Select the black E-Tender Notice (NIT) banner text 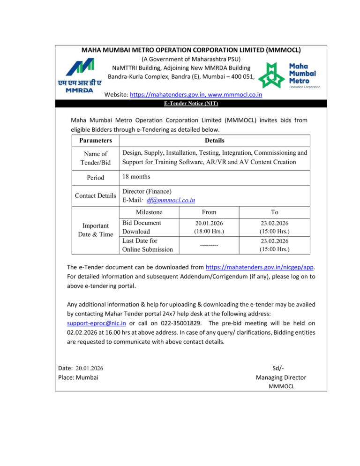pyautogui.click(x=180, y=103)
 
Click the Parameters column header pyautogui.click(x=95, y=141)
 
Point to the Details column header pyautogui.click(x=214, y=141)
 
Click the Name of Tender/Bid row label pyautogui.click(x=95, y=158)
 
